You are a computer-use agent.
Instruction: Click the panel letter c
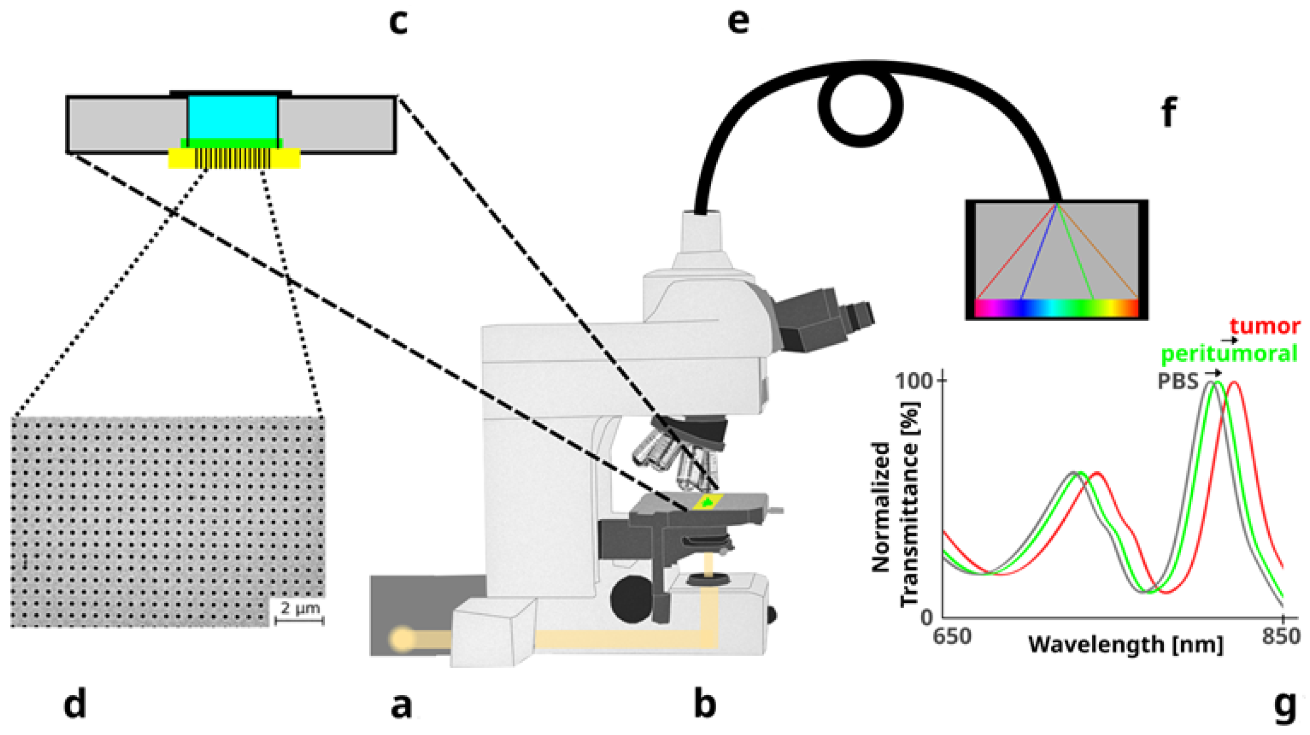(398, 23)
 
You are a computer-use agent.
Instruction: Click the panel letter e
(738, 21)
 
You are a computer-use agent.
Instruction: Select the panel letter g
(1284, 706)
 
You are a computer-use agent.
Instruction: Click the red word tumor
(1265, 326)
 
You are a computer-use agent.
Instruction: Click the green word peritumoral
(1229, 354)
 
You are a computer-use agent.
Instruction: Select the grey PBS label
(1178, 381)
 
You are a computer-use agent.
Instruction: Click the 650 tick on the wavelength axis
(952, 636)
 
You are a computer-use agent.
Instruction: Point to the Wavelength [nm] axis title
(1126, 645)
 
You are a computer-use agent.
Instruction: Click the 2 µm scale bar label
(299, 608)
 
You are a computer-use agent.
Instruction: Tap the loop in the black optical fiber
(860, 106)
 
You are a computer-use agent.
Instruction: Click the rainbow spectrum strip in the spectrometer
(1055, 308)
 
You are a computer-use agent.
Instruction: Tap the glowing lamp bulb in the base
(402, 639)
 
